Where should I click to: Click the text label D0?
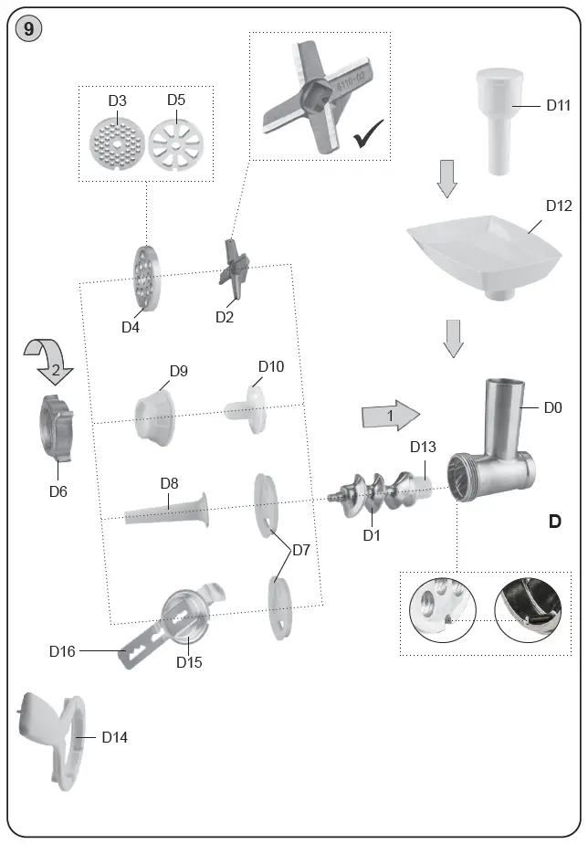(552, 408)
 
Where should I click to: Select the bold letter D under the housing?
(554, 522)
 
